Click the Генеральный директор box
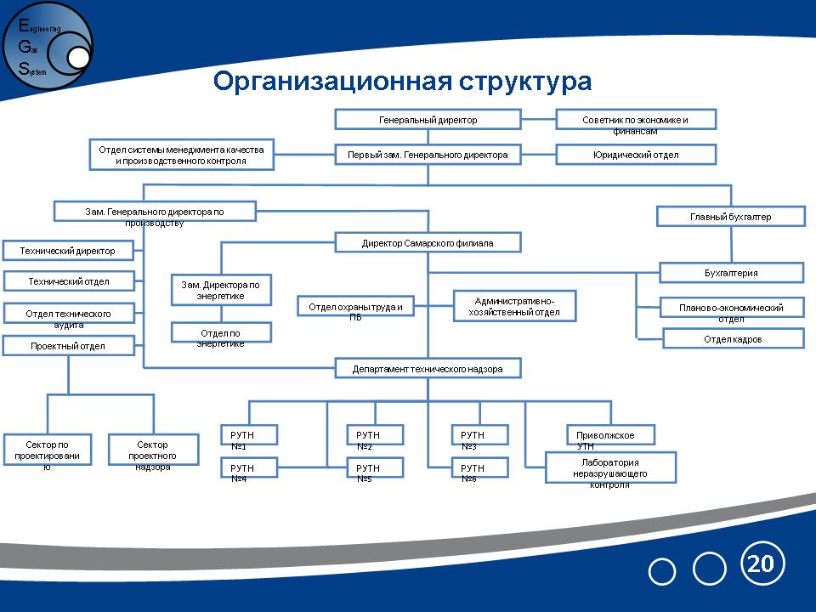428,119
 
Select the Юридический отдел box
636,155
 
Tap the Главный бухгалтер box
730,217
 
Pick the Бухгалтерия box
731,273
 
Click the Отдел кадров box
733,338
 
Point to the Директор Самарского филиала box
428,243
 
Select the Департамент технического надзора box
428,369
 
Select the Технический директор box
71,250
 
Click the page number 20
762,563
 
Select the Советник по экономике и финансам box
636,119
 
